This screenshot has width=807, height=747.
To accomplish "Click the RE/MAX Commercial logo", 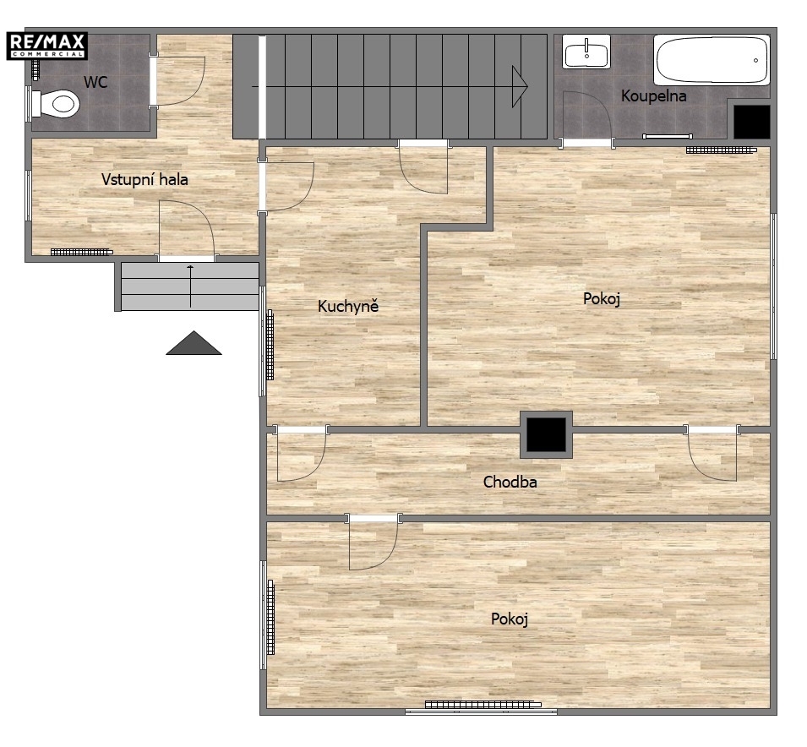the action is click(x=46, y=46).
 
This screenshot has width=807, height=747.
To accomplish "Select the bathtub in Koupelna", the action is click(x=712, y=59).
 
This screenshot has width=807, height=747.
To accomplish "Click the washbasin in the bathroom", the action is click(x=586, y=52).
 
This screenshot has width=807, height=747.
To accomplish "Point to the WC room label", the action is click(x=95, y=82).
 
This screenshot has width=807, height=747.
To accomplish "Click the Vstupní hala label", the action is click(x=144, y=180).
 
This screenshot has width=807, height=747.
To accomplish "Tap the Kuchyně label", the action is click(x=348, y=306).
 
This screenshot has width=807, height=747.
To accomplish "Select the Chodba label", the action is click(x=510, y=482).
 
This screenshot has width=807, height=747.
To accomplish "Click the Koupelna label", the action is click(x=654, y=96).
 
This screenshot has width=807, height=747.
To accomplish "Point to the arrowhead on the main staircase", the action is click(x=520, y=86).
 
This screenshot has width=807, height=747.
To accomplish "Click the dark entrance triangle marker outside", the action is click(x=194, y=343).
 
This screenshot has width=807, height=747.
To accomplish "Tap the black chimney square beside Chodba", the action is click(x=546, y=434).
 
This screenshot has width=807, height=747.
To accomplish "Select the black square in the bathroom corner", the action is click(x=751, y=122).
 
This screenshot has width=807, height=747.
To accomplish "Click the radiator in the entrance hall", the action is click(x=81, y=252).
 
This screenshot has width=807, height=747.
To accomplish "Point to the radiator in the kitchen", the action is click(x=270, y=345).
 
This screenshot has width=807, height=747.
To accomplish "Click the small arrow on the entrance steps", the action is click(x=190, y=286).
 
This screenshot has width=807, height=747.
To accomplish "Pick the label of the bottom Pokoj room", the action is click(x=510, y=619).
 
